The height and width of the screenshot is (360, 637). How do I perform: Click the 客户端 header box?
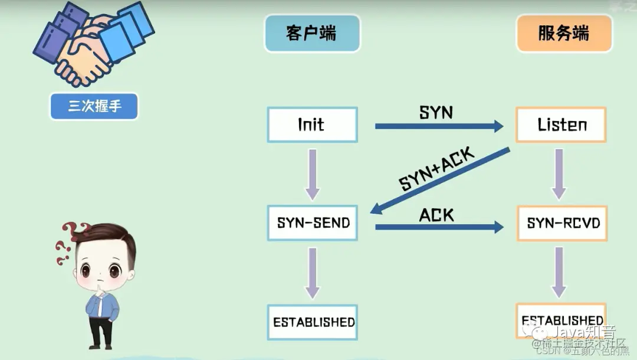(312, 34)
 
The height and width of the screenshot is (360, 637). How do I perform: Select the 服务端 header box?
(563, 34)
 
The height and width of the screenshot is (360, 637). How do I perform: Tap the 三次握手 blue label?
(94, 107)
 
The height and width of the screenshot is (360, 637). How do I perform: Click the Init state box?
(312, 125)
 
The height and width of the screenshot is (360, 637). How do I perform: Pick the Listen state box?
(562, 125)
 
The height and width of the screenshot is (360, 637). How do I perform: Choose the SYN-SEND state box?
(313, 222)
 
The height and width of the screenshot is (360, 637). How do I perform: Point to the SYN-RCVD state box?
(563, 223)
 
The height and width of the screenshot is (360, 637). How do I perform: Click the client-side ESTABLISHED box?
(313, 322)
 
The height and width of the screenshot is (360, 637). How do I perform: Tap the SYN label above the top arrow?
(436, 112)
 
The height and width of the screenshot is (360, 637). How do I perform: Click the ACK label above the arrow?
(436, 215)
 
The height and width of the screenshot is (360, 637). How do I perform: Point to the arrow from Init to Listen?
(439, 126)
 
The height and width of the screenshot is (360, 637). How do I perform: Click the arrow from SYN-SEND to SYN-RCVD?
(439, 226)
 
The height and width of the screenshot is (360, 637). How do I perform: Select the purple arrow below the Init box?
(313, 174)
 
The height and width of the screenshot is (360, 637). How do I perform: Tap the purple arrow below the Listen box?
(559, 174)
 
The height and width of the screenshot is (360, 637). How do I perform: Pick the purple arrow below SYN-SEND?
(313, 273)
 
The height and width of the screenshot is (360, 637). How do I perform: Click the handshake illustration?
(94, 47)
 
